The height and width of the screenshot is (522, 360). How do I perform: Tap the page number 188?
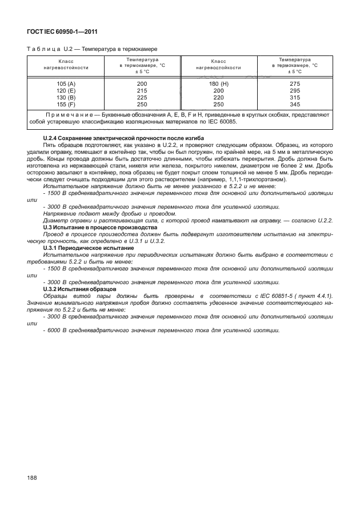pyautogui.click(x=32, y=477)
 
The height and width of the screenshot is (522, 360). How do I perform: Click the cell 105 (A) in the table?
pyautogui.click(x=66, y=84)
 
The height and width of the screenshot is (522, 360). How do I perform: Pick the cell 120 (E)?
pyautogui.click(x=66, y=91)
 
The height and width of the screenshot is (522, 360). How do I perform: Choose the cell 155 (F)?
pyautogui.click(x=66, y=105)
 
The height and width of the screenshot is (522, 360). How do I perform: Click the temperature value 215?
pyautogui.click(x=142, y=91)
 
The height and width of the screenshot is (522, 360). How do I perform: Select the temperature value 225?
pyautogui.click(x=142, y=98)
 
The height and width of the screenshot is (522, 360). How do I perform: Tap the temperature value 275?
pyautogui.click(x=295, y=84)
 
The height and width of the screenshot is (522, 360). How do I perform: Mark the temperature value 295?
pyautogui.click(x=295, y=91)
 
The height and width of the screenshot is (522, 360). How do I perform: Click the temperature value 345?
pyautogui.click(x=295, y=105)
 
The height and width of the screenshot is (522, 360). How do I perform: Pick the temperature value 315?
pyautogui.click(x=295, y=98)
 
